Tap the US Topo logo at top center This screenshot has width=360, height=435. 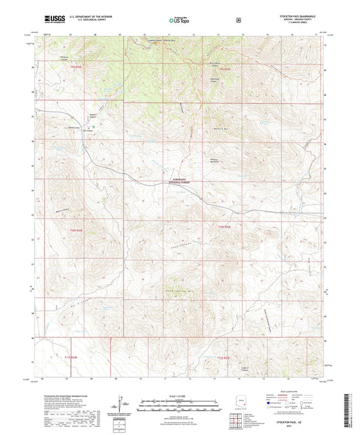pyautogui.click(x=180, y=20)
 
